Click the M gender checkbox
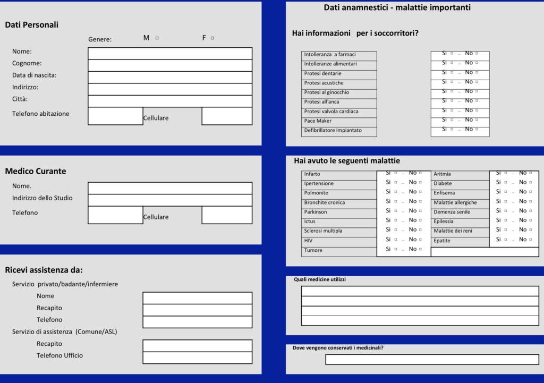point(157,38)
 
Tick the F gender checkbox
point(212,38)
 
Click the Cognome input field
point(170,65)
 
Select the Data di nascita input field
point(170,77)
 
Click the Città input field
point(170,101)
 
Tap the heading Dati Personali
point(32,24)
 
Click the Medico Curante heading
point(36,171)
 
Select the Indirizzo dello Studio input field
point(170,200)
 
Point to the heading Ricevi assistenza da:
point(44,270)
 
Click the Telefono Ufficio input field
point(197,358)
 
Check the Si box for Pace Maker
point(452,120)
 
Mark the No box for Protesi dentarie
point(477,72)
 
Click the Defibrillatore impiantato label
point(333,130)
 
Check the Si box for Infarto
point(395,173)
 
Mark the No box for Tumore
point(420,249)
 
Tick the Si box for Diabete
point(505,182)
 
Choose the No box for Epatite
point(530,240)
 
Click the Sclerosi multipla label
point(323,231)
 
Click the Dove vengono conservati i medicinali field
point(431,360)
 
